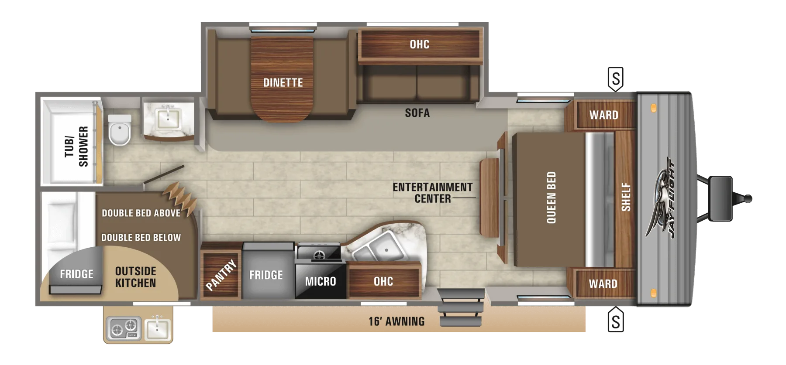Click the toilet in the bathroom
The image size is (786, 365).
click(119, 130)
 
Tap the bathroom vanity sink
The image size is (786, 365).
click(168, 117)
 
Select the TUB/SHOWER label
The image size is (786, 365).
click(76, 147)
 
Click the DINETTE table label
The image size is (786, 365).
click(283, 82)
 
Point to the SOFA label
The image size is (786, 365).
click(417, 113)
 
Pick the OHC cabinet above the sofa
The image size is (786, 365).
click(420, 44)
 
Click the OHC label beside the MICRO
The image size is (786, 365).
click(383, 282)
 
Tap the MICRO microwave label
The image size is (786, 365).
click(321, 282)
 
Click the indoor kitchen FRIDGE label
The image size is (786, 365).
click(266, 275)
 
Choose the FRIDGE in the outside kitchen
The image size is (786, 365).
click(76, 274)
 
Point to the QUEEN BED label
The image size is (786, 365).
click(552, 198)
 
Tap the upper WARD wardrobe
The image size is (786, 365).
click(604, 115)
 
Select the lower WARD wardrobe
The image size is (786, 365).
click(603, 283)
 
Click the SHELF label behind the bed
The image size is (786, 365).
click(626, 197)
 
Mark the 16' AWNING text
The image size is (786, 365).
click(396, 321)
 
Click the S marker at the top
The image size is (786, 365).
click(616, 79)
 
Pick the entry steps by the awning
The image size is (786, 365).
click(461, 307)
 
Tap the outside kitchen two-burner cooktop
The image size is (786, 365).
click(124, 328)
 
